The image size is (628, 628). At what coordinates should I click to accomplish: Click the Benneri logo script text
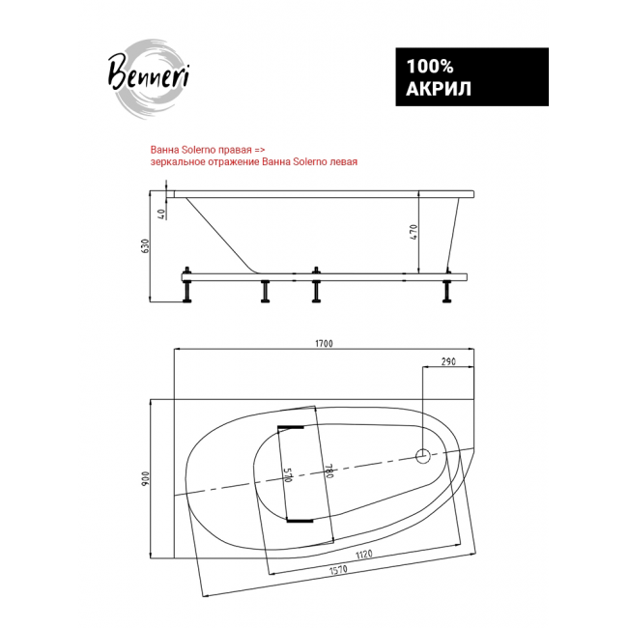point(149,73)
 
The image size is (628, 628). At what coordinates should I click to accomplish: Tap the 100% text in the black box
point(430,67)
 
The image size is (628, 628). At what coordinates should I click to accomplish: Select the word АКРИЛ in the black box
point(439,89)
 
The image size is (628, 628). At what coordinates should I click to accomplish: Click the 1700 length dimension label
point(324,343)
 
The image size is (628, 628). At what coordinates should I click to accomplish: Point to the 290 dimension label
point(448,361)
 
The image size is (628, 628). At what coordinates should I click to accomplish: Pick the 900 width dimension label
point(145,478)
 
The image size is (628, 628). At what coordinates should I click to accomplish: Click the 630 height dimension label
point(145,245)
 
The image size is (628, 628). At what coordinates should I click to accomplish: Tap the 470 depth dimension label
point(414,232)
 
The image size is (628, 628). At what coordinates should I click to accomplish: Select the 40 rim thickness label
point(161,214)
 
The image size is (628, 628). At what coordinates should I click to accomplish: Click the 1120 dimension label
point(363,555)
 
